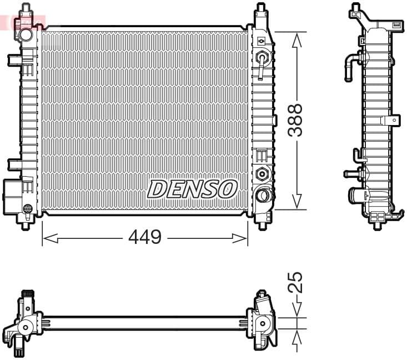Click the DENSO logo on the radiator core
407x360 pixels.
point(192,189)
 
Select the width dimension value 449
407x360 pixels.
point(144,238)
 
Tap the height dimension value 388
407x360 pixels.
point(295,120)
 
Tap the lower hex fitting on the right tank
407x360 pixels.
point(261,173)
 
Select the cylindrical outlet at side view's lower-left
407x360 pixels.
point(356,195)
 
